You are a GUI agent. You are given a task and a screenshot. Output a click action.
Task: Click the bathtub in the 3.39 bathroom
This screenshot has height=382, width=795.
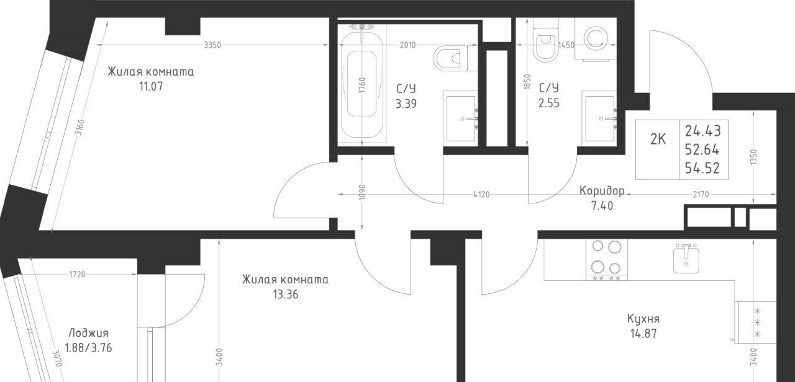362,83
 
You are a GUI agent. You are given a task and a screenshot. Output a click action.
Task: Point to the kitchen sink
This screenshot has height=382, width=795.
686,259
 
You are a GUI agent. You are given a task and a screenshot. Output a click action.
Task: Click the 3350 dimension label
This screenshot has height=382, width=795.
212,45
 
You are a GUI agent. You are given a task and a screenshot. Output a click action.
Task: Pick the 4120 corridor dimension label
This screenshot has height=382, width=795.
481,195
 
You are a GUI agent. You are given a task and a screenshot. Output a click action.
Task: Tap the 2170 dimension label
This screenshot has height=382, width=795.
701,195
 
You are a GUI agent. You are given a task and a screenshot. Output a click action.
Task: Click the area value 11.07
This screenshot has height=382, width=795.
151,86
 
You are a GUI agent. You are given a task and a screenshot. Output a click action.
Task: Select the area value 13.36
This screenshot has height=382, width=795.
285,295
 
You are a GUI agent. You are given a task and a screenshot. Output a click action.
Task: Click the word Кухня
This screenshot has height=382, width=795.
643,319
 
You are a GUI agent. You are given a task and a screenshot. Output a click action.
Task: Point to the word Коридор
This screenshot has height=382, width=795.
602,191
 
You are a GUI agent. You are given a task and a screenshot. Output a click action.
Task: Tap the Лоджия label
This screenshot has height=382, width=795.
88,334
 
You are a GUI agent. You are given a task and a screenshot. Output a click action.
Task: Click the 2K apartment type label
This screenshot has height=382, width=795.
658,140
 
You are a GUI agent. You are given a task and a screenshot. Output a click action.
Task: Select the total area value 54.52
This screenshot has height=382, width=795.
702,168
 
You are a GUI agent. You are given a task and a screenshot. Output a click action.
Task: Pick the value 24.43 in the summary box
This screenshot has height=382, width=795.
702,131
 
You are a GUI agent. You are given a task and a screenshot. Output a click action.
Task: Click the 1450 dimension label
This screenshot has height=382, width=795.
566,45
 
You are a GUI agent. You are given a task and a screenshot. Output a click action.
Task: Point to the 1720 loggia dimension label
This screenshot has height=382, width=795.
77,274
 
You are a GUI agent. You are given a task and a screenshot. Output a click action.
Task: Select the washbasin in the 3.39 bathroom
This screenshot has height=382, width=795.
460,118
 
